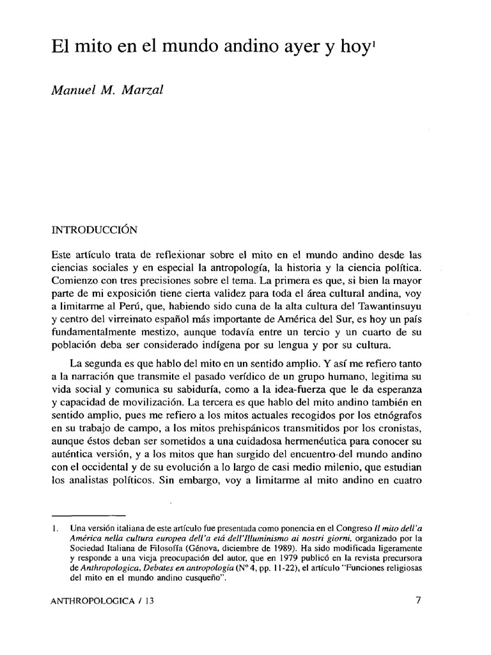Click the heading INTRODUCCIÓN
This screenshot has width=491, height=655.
[x=93, y=227]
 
